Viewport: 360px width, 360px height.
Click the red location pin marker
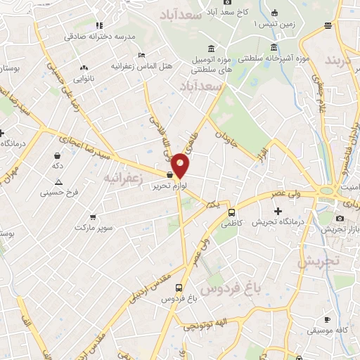[x=180, y=165]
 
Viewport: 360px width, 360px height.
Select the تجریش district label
[x=318, y=261]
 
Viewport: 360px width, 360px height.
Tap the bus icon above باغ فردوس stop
[x=179, y=288]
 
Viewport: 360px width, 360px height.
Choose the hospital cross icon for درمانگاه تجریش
[x=278, y=211]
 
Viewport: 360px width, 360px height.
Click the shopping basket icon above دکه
[x=56, y=155]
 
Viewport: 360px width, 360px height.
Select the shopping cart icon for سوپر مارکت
[x=92, y=218]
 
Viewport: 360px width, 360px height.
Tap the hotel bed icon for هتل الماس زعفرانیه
[x=142, y=55]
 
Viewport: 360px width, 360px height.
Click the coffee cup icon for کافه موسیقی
[x=327, y=318]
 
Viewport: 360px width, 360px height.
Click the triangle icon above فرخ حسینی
[x=59, y=181]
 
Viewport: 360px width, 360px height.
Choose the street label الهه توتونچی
[x=204, y=324]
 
